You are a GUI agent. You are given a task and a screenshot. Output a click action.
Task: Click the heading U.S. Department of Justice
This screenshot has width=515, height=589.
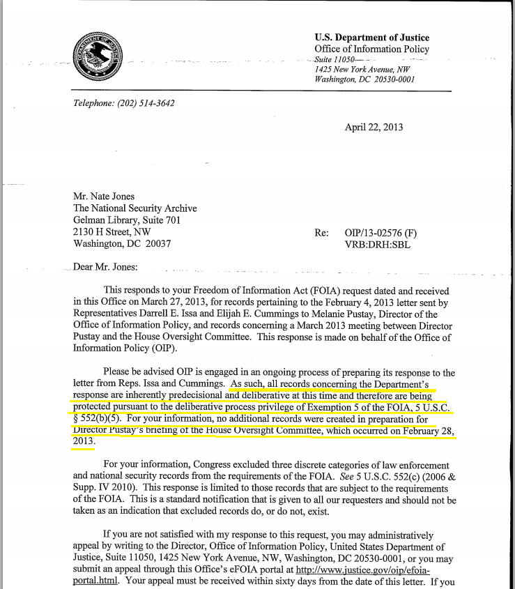tap(371, 38)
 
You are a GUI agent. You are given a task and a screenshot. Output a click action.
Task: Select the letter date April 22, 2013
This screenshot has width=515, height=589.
tap(374, 128)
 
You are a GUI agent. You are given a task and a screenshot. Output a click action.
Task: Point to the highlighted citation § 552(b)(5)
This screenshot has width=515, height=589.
tap(99, 418)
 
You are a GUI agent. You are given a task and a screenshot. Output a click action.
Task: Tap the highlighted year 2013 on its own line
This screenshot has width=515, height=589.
tap(83, 442)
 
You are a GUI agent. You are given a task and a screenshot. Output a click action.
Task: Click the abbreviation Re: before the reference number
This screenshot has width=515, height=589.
tap(322, 233)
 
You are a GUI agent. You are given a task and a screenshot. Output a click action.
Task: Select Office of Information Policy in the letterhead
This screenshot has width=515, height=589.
tap(371, 49)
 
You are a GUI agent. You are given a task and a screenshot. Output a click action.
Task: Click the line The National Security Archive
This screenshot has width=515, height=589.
tap(135, 208)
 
